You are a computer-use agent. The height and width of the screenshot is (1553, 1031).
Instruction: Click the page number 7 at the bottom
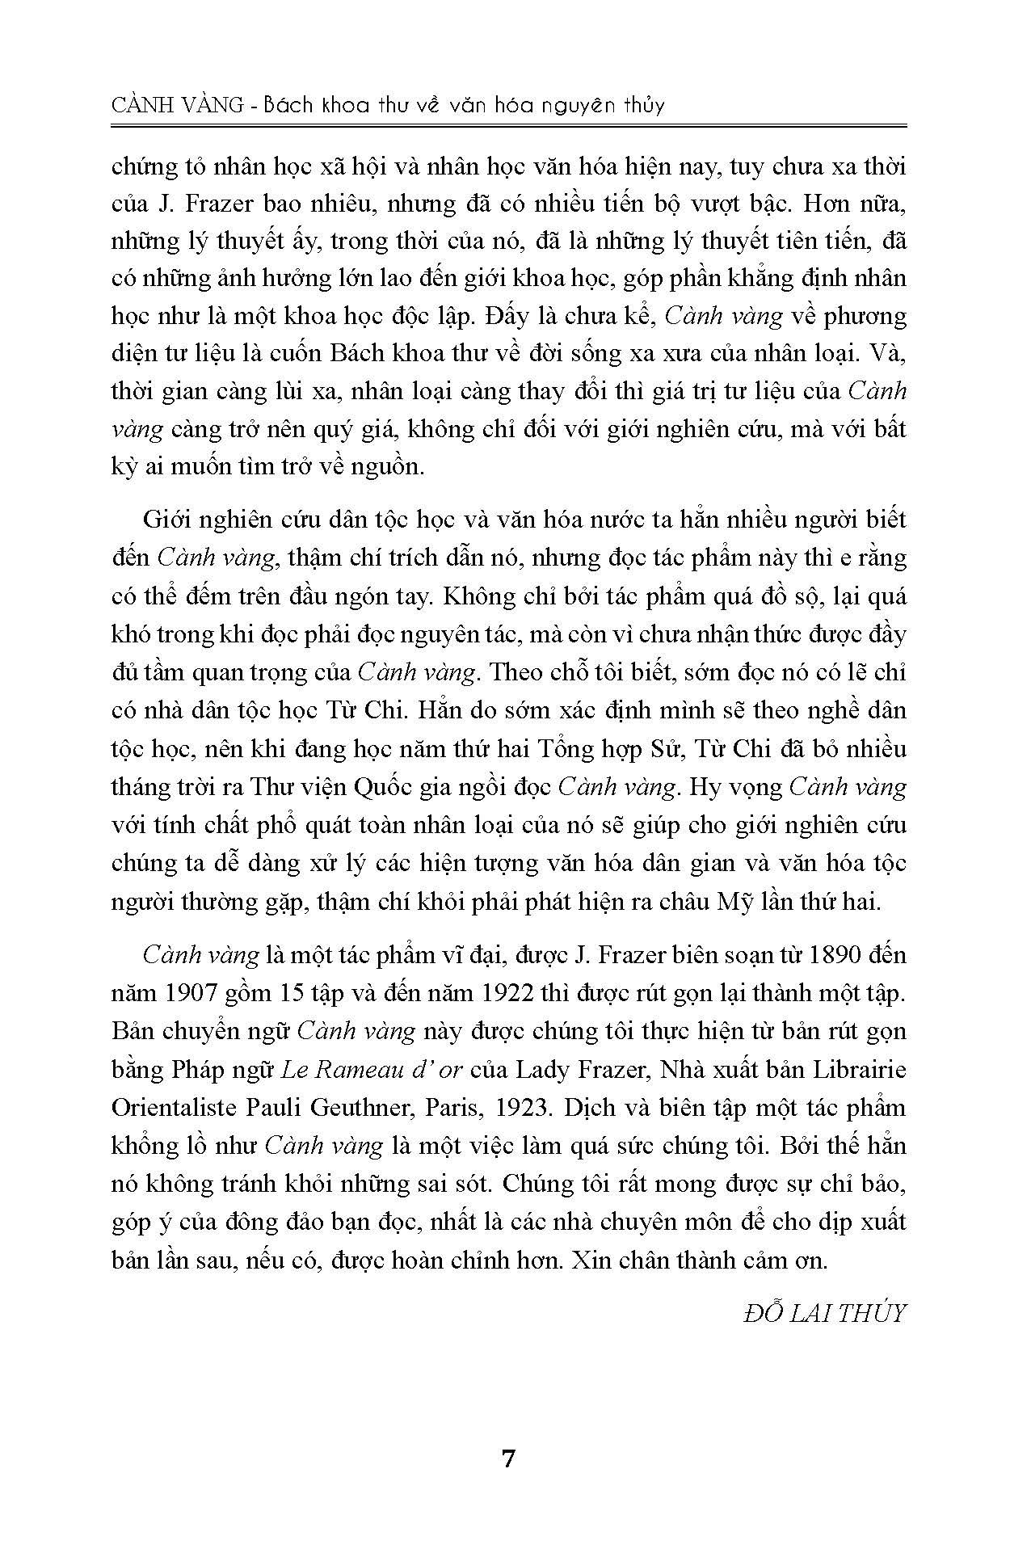click(x=508, y=1459)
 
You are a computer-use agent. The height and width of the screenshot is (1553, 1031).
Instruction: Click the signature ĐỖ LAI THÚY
click(x=824, y=1313)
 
